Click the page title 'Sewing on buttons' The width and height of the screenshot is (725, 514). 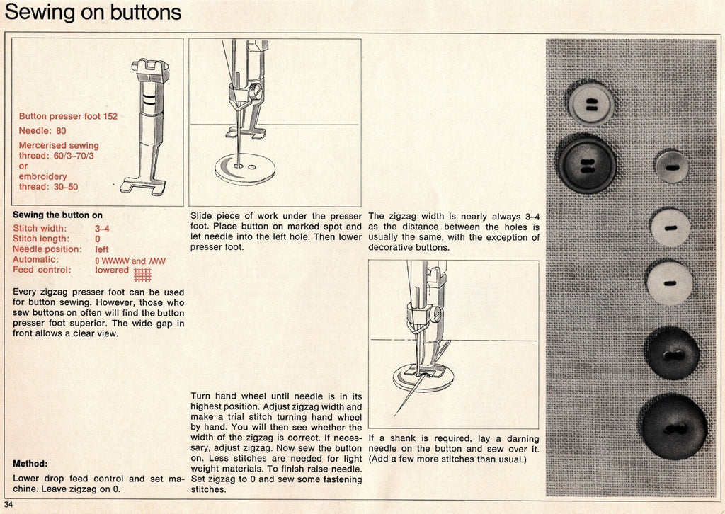tap(93, 13)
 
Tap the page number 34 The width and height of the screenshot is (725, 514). tap(8, 504)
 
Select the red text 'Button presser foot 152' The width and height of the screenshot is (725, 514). tap(68, 116)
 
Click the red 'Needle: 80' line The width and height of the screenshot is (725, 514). tap(42, 131)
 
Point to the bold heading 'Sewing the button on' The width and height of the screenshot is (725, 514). tap(57, 215)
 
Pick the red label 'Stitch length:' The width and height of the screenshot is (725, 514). tap(41, 239)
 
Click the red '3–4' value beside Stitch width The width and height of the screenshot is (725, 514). tap(102, 229)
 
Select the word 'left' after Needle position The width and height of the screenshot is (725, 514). tap(102, 249)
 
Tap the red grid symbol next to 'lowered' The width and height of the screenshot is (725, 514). tap(142, 274)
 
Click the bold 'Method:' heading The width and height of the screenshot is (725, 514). tap(30, 464)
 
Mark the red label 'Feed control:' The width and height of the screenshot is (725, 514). tap(42, 270)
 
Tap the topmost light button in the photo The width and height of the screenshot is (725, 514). tap(591, 103)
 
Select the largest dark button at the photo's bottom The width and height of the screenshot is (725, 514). tap(673, 427)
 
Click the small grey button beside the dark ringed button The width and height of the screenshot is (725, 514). tap(671, 167)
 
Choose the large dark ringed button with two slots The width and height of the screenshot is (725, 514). tap(586, 165)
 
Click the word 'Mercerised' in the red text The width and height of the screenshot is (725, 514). tap(43, 146)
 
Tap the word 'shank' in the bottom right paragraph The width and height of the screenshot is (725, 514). tap(401, 439)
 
